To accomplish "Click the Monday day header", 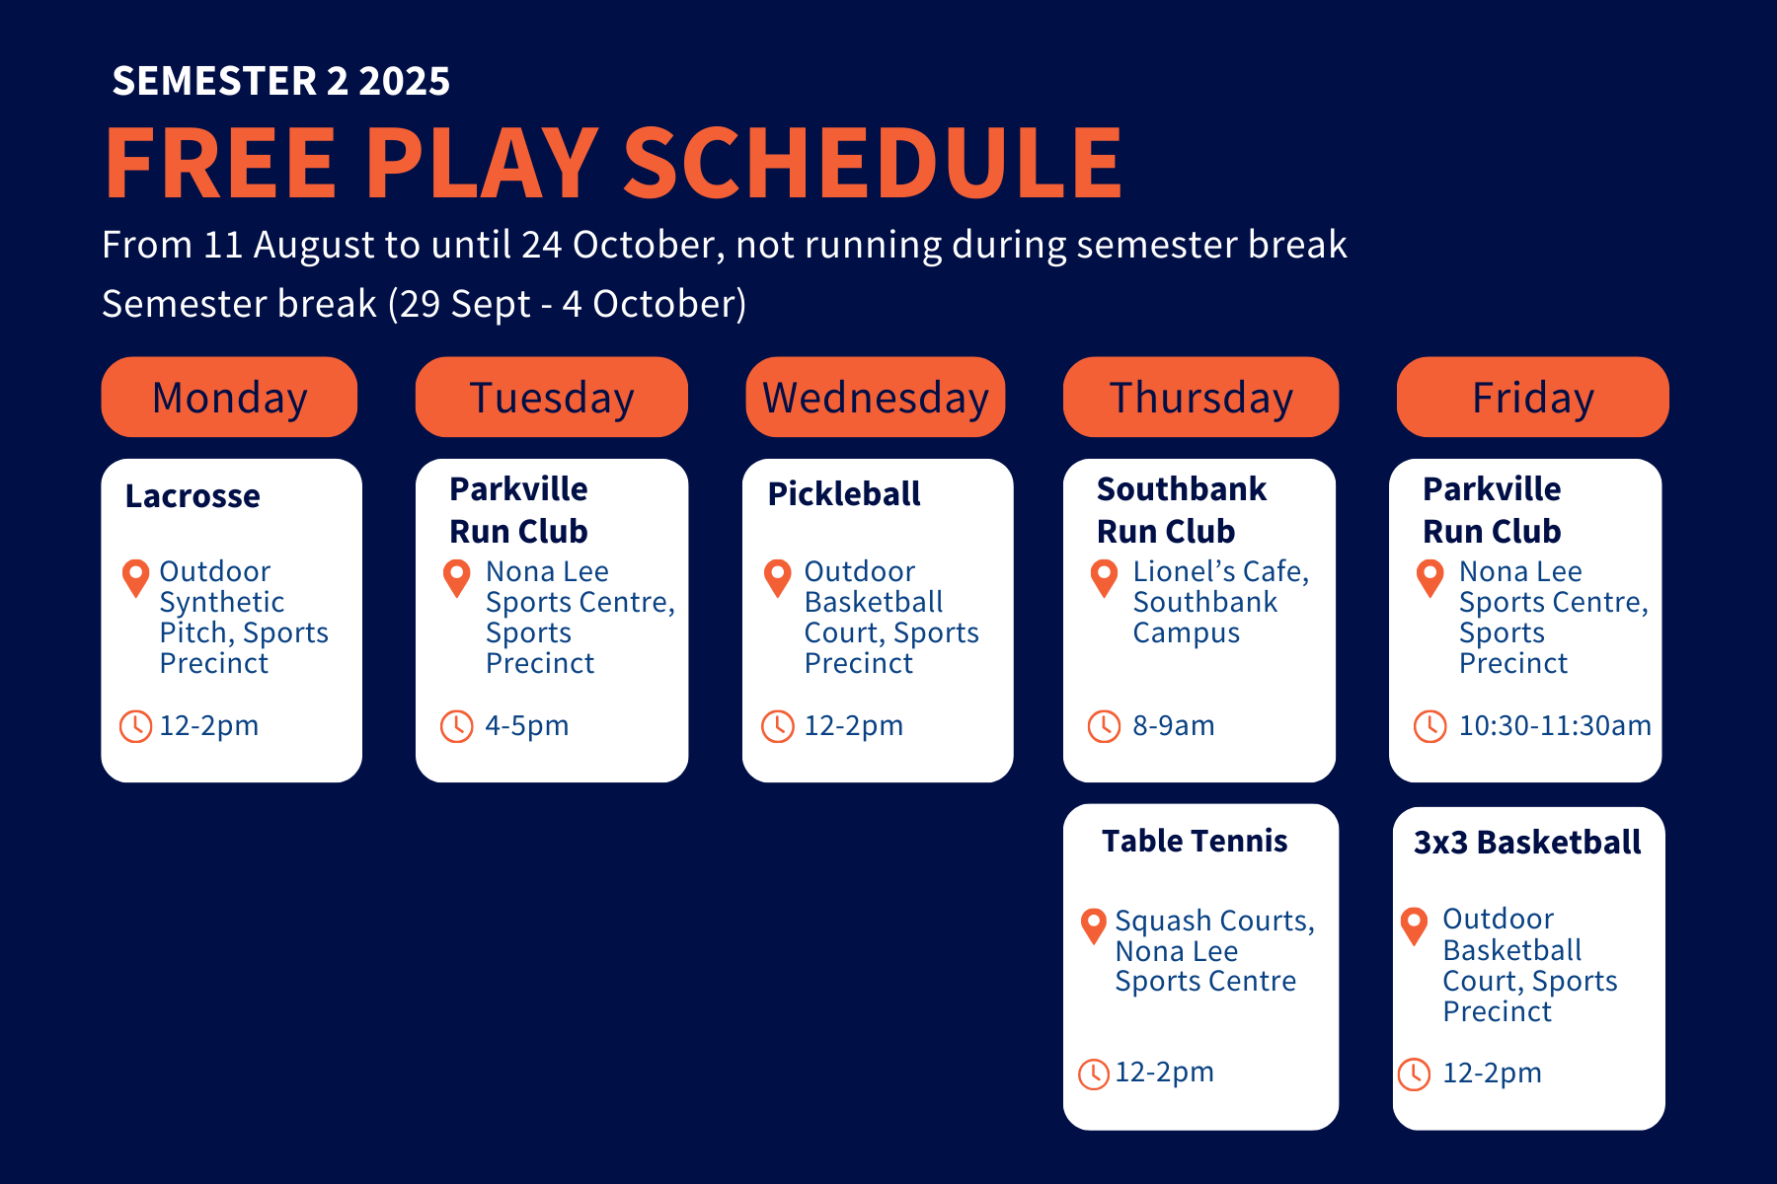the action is [229, 397].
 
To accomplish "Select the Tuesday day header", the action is [552, 397].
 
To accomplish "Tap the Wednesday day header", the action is [876, 397].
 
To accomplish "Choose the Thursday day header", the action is [1200, 397].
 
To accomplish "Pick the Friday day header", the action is [1533, 397].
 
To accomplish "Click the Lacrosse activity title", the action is [193, 495].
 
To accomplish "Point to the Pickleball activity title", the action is [844, 493].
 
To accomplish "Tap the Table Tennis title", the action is [1195, 841].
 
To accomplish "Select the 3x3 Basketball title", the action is [1527, 842].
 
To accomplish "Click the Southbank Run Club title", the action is [1182, 510].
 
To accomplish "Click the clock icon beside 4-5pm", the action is [456, 726].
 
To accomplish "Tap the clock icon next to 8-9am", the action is [1104, 726].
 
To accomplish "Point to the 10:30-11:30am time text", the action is [1555, 726].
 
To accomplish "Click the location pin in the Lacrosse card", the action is [135, 577].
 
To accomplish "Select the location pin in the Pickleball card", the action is [778, 577].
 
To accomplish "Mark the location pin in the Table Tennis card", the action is [1093, 926].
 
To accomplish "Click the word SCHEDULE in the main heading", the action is [873, 163].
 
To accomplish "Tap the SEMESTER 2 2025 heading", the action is [281, 81].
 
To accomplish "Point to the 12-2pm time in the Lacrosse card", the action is [209, 726].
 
